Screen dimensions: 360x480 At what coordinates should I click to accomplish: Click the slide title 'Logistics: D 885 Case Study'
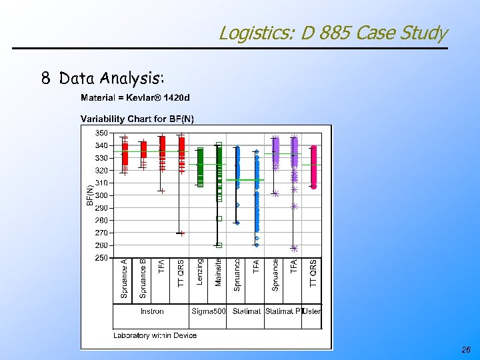point(333,33)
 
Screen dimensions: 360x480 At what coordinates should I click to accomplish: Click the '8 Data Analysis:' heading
point(103,79)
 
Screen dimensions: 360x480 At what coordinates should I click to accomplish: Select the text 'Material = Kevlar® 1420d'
point(135,98)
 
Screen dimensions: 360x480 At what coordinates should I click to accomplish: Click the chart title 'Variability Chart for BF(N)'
point(137,119)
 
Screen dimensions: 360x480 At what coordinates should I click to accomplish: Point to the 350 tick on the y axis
point(101,133)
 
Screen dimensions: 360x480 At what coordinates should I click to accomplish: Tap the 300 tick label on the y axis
point(101,195)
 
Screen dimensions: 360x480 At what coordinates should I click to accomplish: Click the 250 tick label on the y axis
point(101,257)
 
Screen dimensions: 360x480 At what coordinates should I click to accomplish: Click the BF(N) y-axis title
point(90,195)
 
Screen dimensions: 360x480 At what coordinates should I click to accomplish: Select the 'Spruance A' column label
point(124,279)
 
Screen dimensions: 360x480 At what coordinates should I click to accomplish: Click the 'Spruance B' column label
point(143,279)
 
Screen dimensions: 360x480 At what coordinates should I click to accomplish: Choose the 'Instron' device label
point(152,311)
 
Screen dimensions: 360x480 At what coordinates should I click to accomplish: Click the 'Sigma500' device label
point(209,311)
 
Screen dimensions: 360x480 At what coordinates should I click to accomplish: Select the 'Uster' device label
point(312,311)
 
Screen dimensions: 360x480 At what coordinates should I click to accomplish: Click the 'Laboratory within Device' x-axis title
point(155,335)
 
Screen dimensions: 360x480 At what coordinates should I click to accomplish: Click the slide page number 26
point(465,350)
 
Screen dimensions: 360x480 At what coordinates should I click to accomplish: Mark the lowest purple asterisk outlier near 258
point(294,248)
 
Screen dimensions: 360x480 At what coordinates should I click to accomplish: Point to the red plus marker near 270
point(181,233)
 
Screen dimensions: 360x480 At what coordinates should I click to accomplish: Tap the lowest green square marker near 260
point(219,245)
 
